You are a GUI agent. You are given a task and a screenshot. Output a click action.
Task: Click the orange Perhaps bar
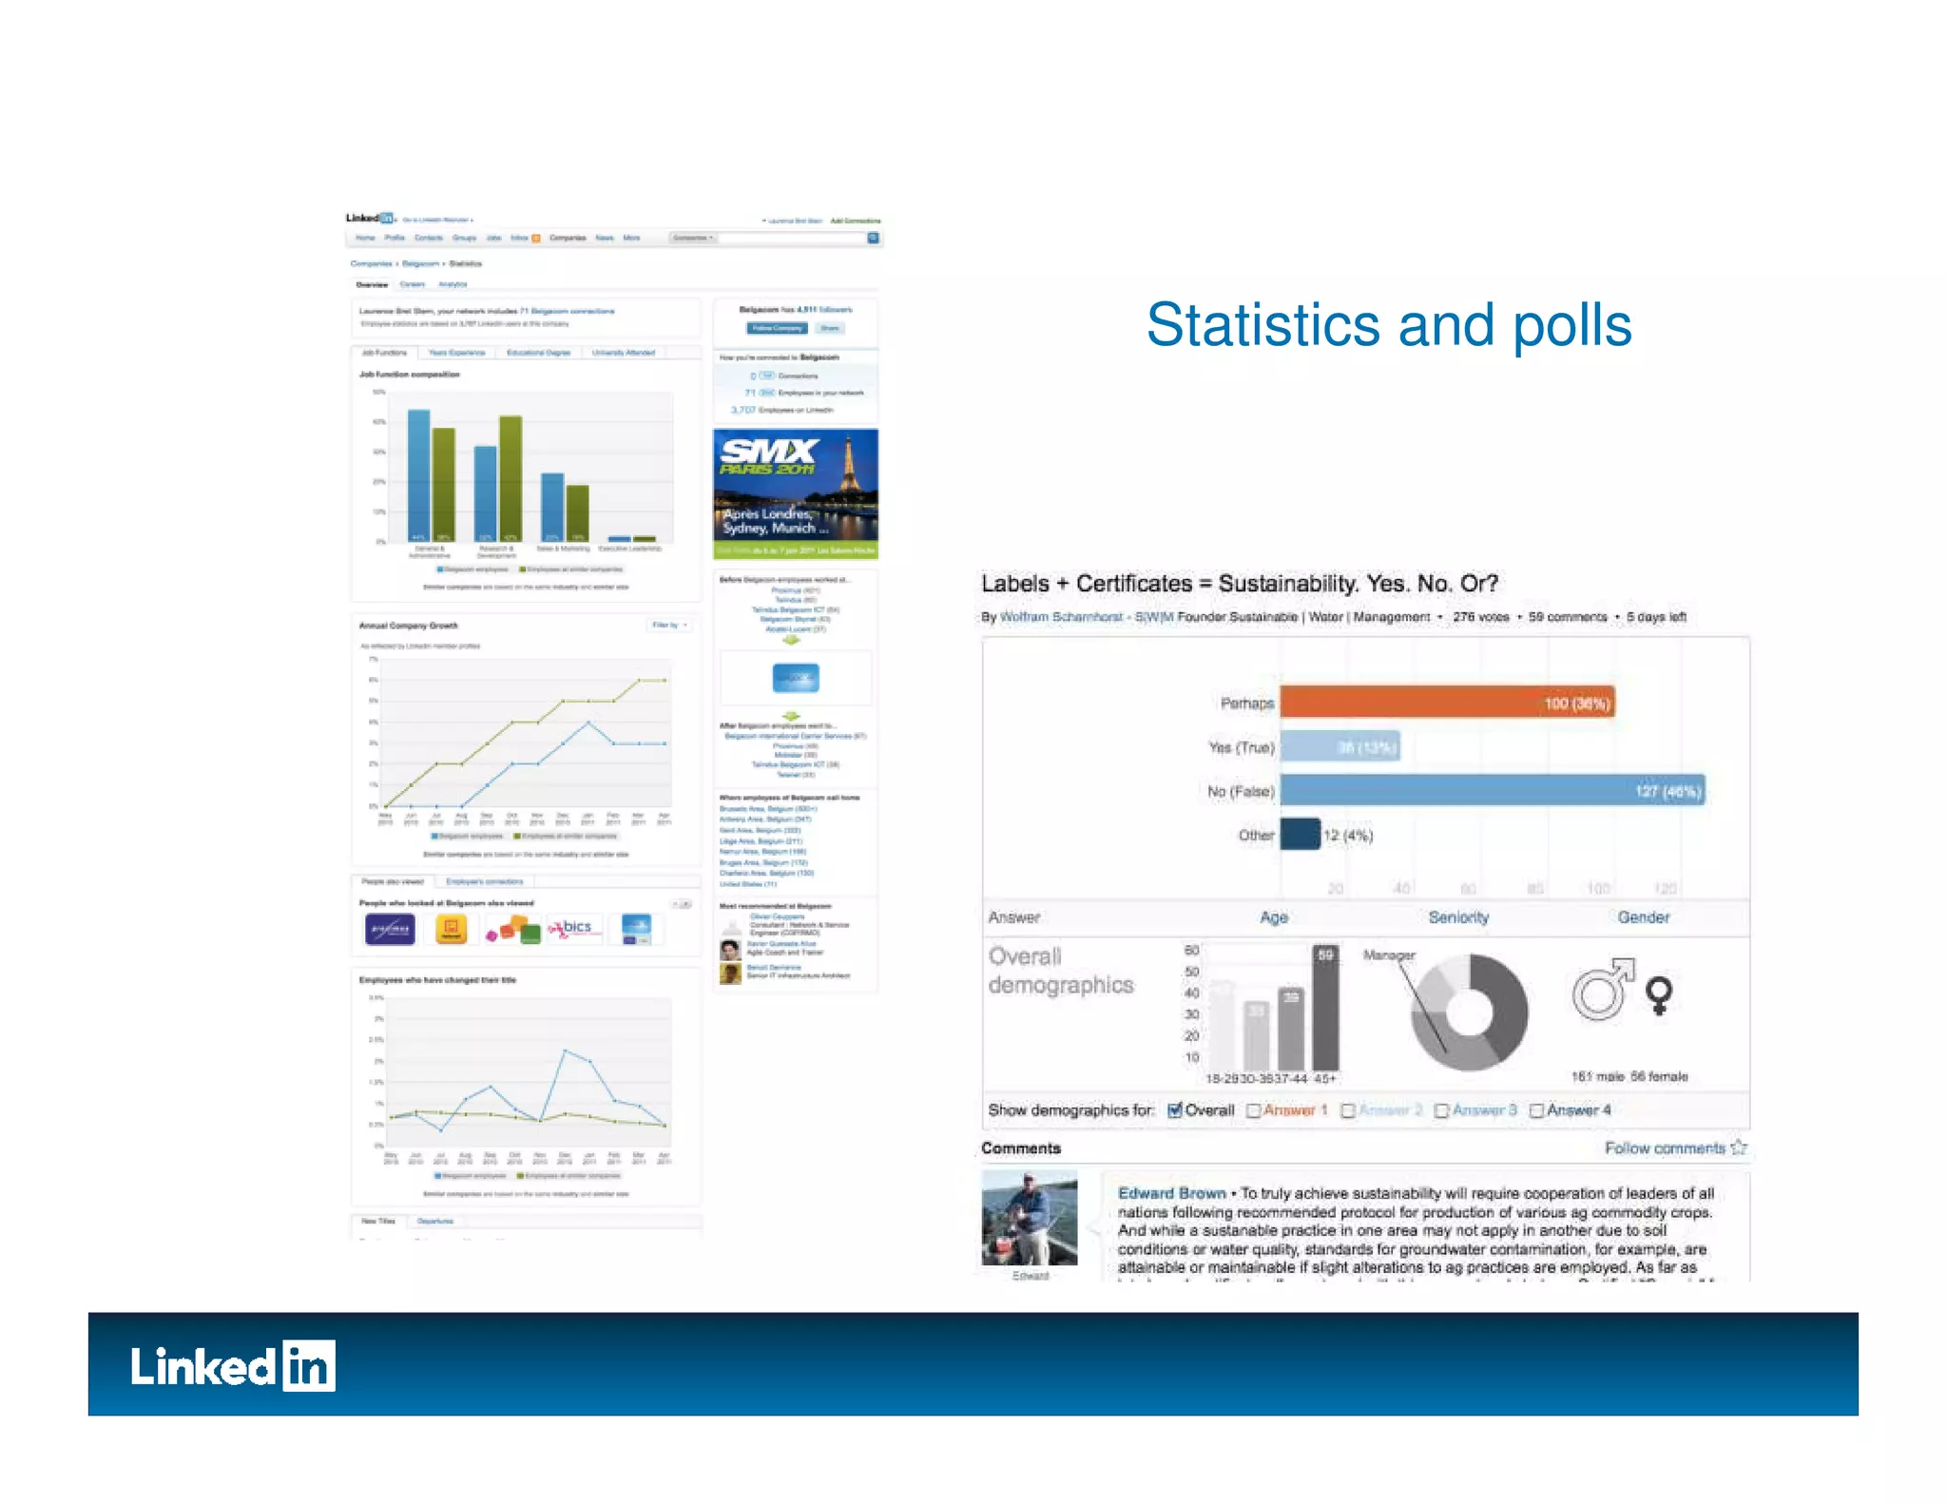1446,703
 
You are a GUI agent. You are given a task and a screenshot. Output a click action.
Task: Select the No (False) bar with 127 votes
1492,791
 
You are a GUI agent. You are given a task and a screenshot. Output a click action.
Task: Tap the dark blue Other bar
1300,834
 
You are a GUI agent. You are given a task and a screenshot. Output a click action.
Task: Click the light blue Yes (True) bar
1340,747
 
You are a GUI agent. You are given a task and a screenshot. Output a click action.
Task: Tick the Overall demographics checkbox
1175,1109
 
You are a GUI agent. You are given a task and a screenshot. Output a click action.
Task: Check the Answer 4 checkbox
1536,1110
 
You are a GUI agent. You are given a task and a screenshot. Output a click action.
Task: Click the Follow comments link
1665,1147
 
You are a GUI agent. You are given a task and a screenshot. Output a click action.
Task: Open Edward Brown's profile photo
1030,1218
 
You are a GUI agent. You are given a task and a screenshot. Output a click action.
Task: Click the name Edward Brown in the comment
1171,1193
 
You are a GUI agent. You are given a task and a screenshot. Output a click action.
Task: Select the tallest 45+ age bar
1325,1008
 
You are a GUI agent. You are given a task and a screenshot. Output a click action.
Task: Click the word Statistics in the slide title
1263,325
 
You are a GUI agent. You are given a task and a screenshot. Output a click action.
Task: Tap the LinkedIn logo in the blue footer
233,1366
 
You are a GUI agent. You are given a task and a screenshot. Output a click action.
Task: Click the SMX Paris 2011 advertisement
795,493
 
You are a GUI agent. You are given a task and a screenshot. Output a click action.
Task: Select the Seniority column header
1458,917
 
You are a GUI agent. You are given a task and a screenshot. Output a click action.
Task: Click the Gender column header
1643,917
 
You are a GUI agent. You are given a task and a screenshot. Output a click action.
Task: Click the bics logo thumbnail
575,928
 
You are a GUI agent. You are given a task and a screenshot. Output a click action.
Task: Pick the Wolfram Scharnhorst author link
1060,617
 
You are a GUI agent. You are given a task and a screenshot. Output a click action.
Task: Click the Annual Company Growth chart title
409,626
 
